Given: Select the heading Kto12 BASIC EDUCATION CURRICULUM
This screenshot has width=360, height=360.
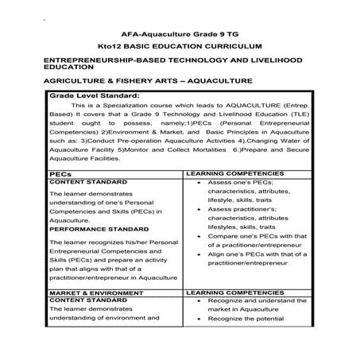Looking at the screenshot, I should (x=179, y=47).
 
